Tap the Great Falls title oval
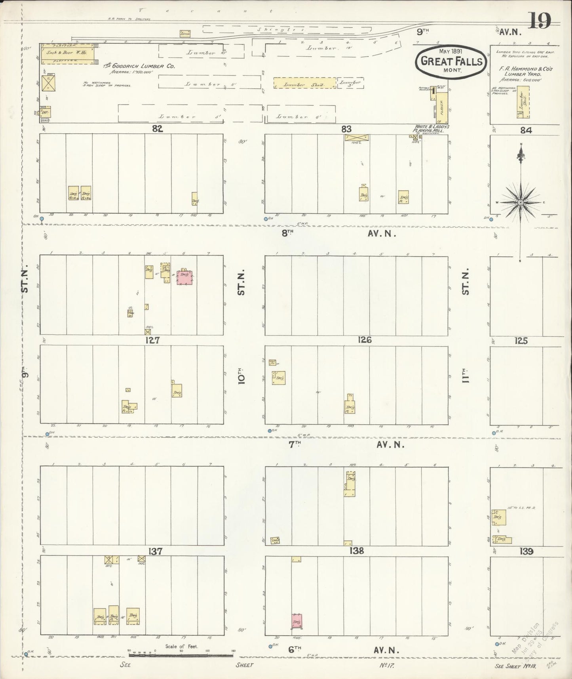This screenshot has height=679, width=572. click(451, 61)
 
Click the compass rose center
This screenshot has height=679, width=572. click(521, 202)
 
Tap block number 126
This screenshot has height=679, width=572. click(364, 340)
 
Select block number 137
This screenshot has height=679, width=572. click(154, 551)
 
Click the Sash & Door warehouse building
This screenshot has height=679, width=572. click(69, 53)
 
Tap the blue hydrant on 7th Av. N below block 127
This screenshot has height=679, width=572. click(47, 435)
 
